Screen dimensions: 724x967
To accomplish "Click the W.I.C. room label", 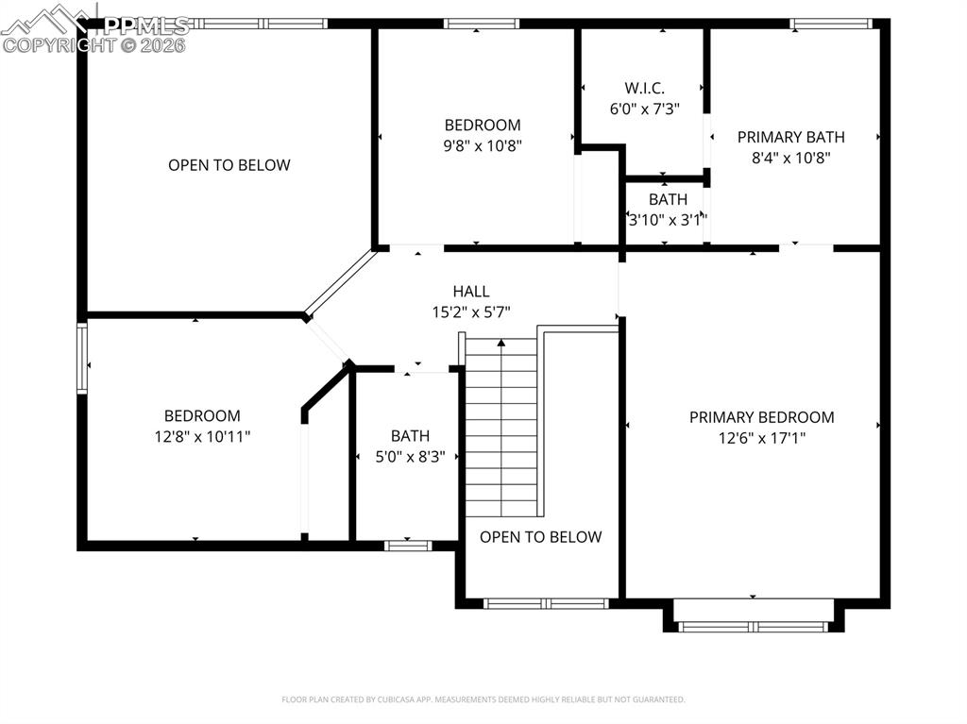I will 644,88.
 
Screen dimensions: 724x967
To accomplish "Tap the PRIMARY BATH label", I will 790,137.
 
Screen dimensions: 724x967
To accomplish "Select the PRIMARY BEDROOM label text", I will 761,417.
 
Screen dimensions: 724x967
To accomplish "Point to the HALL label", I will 471,292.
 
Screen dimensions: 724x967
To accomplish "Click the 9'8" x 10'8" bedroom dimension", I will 483,145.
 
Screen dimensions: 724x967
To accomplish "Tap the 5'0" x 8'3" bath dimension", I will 410,456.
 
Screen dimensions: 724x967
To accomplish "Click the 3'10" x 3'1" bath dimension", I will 668,220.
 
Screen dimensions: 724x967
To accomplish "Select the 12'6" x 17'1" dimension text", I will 761,438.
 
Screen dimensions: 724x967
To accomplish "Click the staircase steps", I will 501,425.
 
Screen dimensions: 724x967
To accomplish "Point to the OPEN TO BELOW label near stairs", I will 540,537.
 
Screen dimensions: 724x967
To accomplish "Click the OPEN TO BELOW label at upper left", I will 229,165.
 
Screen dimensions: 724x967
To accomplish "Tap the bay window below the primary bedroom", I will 754,625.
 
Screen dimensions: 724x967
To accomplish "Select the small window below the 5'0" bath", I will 408,546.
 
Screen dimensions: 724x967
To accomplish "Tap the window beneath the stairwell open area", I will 546,603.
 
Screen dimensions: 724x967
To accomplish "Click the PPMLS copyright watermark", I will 94,33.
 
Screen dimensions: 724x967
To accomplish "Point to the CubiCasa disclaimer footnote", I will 483,699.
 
